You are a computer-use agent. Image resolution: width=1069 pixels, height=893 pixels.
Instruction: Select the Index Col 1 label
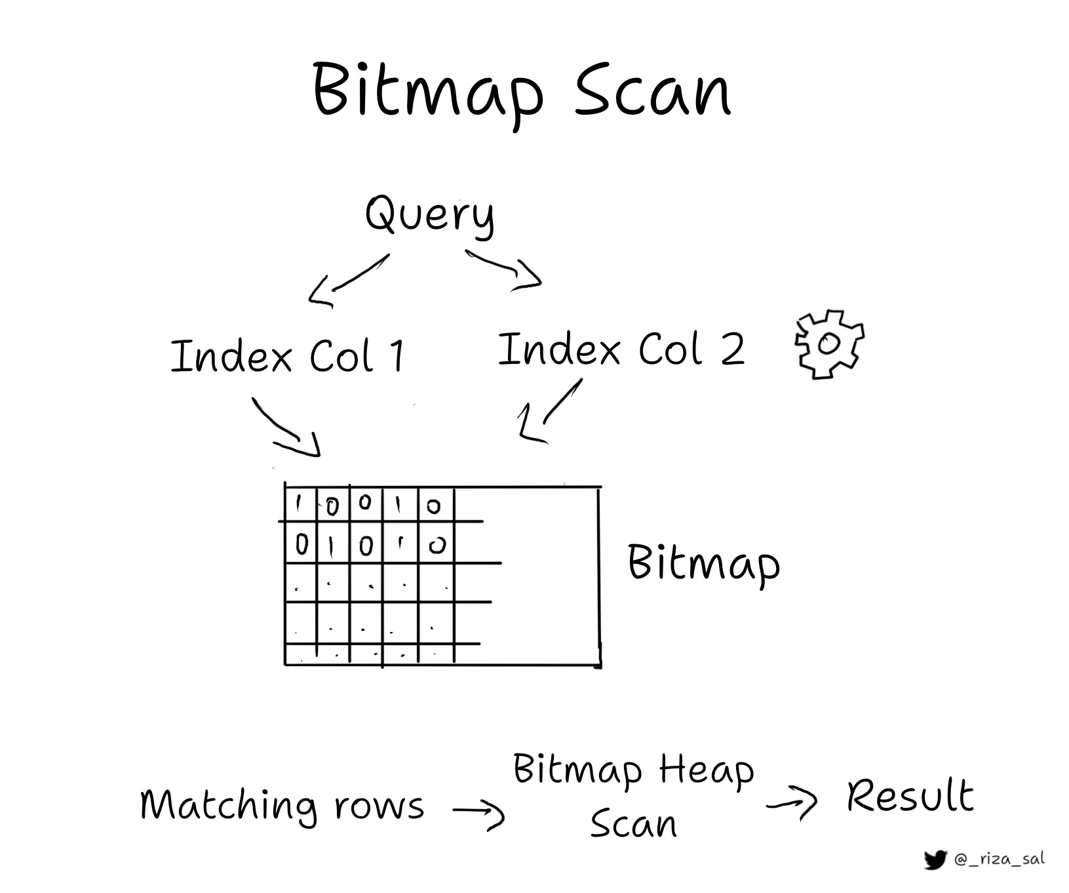pos(288,356)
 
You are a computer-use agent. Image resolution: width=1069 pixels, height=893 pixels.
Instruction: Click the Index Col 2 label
pos(621,349)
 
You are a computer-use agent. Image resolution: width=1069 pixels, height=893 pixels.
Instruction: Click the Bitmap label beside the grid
pos(704,563)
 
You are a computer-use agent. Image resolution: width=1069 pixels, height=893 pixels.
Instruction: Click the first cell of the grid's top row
pos(300,504)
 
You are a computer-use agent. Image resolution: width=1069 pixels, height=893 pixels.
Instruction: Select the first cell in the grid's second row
pos(301,544)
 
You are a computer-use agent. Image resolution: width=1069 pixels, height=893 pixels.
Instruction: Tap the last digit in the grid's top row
pos(433,506)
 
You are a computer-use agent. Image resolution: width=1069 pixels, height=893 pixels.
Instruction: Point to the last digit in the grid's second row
pos(437,546)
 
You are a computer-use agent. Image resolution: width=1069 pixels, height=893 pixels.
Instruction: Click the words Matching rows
pos(282,805)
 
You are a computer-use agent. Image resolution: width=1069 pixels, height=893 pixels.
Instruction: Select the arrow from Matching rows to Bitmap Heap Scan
pos(479,813)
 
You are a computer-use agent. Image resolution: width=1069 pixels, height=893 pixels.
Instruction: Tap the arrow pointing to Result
pos(792,802)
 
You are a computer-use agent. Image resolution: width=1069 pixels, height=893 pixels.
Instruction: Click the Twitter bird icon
pos(935,860)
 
